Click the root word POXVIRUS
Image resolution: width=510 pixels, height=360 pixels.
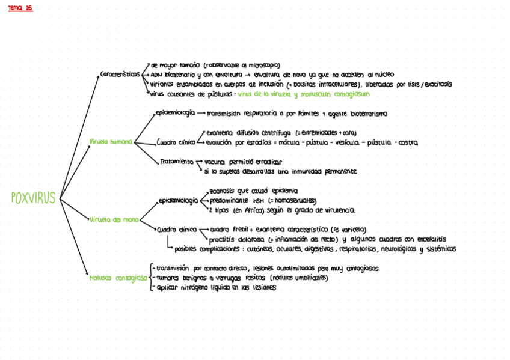pos(33,198)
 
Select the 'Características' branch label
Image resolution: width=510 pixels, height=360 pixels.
pos(120,75)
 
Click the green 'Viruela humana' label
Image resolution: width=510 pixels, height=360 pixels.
pos(111,142)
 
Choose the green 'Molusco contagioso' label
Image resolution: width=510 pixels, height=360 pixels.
pos(118,278)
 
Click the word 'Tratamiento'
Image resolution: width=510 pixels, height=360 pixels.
pos(177,162)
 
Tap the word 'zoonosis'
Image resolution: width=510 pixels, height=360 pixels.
pos(223,191)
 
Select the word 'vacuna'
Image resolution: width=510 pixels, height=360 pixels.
pos(215,162)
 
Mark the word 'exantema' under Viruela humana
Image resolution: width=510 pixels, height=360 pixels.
pos(220,133)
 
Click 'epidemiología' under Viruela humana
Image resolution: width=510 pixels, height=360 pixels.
pos(175,113)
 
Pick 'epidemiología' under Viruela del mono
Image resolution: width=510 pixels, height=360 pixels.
pos(178,201)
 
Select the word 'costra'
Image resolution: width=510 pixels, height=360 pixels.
pos(408,142)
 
